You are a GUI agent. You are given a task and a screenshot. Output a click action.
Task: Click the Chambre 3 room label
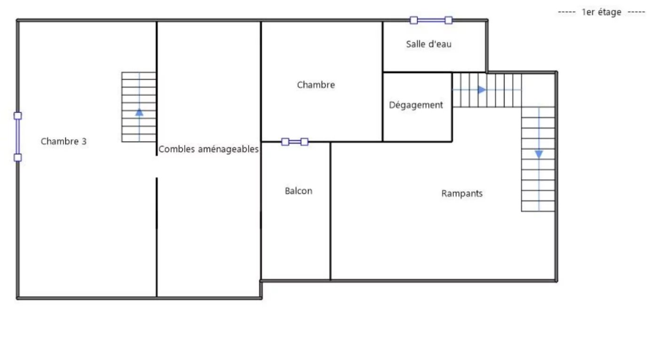[x=63, y=141]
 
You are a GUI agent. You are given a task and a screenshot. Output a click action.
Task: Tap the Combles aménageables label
[x=209, y=149]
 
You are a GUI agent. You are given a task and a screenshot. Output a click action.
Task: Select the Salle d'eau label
[x=428, y=44]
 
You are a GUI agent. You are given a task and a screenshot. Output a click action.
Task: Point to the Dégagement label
[x=416, y=105]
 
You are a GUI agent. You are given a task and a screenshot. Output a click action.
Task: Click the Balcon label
[x=298, y=191]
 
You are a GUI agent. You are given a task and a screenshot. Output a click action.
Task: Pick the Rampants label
[x=462, y=194]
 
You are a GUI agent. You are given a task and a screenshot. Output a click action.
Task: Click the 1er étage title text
[x=601, y=12]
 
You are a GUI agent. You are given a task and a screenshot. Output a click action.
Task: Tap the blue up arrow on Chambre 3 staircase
[x=139, y=112]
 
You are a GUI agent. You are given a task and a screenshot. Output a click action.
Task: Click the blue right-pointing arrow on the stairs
[x=482, y=90]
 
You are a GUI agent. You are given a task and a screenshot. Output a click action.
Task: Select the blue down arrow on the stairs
[x=539, y=154]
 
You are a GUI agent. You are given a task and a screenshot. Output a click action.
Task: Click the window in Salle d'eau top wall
[x=431, y=20]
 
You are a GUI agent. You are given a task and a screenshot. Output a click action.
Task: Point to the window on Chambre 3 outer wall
[x=18, y=137]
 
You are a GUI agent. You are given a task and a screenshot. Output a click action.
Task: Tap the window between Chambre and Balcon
[x=295, y=141]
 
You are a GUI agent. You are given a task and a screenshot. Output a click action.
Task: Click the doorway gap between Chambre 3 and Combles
[x=156, y=167]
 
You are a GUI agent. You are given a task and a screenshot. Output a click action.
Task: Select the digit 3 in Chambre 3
[x=84, y=141]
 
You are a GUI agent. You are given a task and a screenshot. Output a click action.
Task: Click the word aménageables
[x=228, y=149]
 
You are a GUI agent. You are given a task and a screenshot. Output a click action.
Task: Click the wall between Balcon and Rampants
[x=330, y=211]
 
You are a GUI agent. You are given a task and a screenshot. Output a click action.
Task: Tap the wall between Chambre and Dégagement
[x=382, y=107]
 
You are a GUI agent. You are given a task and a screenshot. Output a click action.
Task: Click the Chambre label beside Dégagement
[x=316, y=85]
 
